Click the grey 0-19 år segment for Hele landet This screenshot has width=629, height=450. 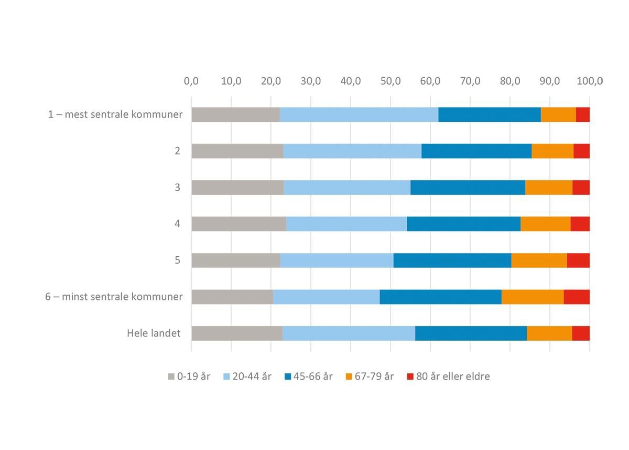[236, 333]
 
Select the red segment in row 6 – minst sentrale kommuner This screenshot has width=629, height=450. [577, 297]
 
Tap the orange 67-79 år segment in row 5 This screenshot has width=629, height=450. [539, 260]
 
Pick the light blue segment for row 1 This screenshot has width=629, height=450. [359, 114]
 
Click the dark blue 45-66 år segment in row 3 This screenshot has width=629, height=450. [468, 187]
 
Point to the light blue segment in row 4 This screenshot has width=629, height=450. [346, 224]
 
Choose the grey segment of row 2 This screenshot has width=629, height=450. [237, 151]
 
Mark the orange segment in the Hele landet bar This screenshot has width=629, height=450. [549, 333]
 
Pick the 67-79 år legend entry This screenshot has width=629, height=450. [374, 376]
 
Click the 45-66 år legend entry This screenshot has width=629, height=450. [313, 376]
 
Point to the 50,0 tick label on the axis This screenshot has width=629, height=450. [391, 81]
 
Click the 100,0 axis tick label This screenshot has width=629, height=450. [590, 81]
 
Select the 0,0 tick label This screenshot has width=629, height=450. [191, 81]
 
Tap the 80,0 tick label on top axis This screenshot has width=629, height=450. [510, 81]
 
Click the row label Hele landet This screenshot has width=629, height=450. [154, 333]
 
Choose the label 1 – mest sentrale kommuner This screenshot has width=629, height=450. [115, 114]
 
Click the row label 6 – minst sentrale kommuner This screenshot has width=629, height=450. [114, 297]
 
